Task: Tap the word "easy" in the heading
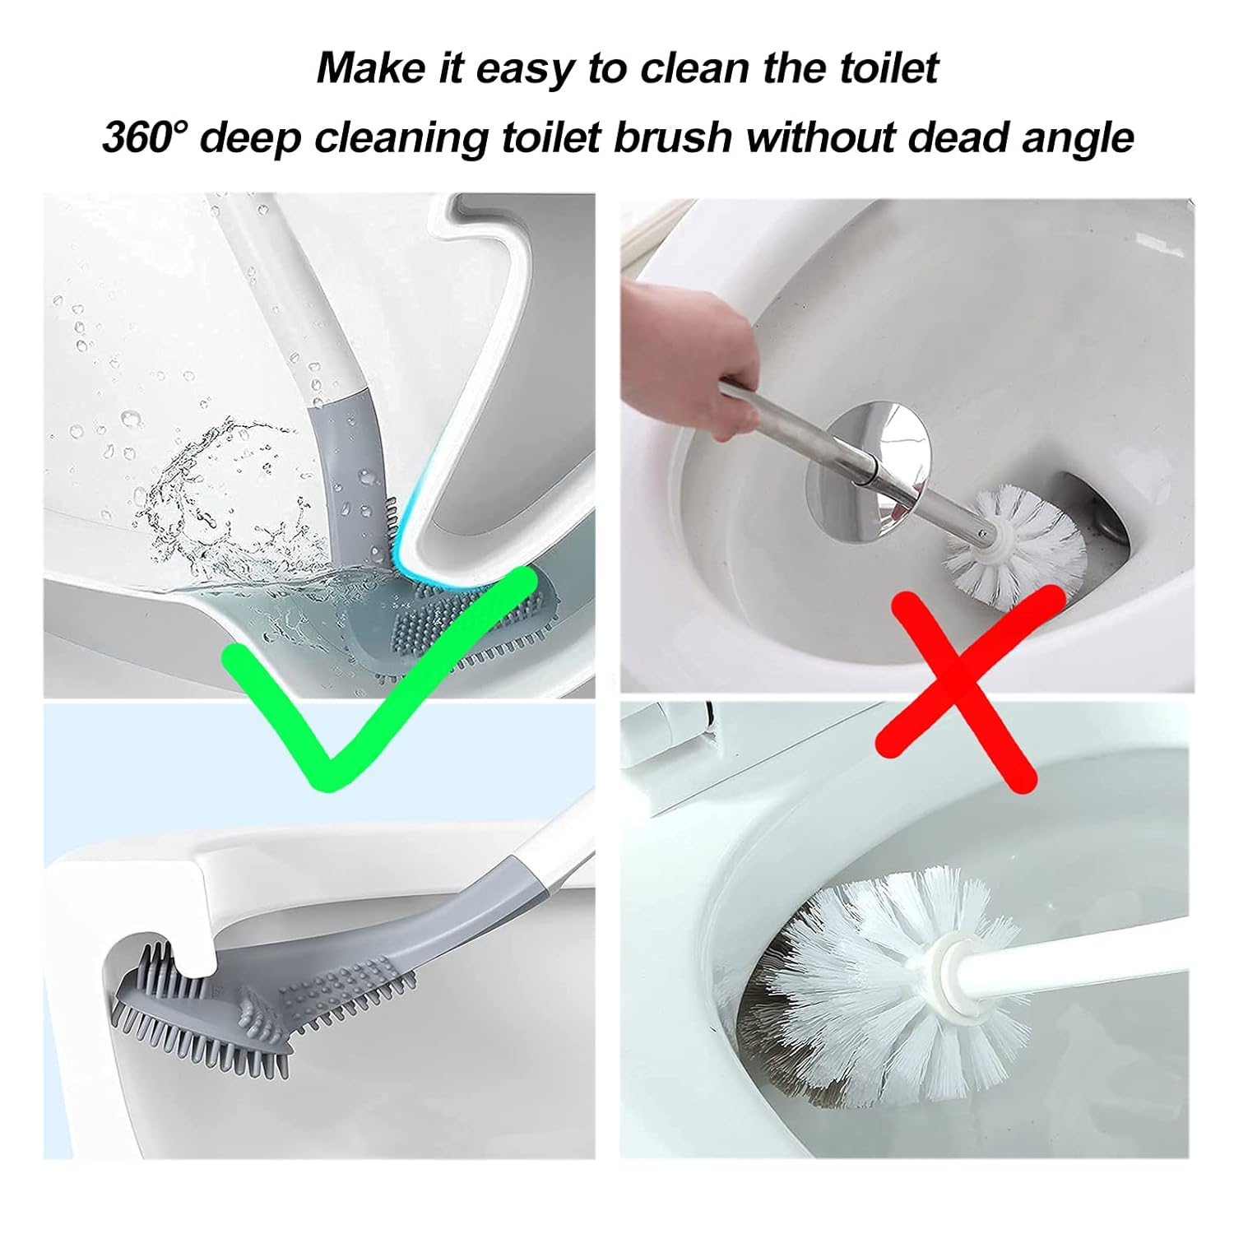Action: (x=523, y=67)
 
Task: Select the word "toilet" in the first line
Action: (x=888, y=67)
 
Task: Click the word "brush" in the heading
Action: (x=672, y=137)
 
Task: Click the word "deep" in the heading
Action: (x=250, y=138)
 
